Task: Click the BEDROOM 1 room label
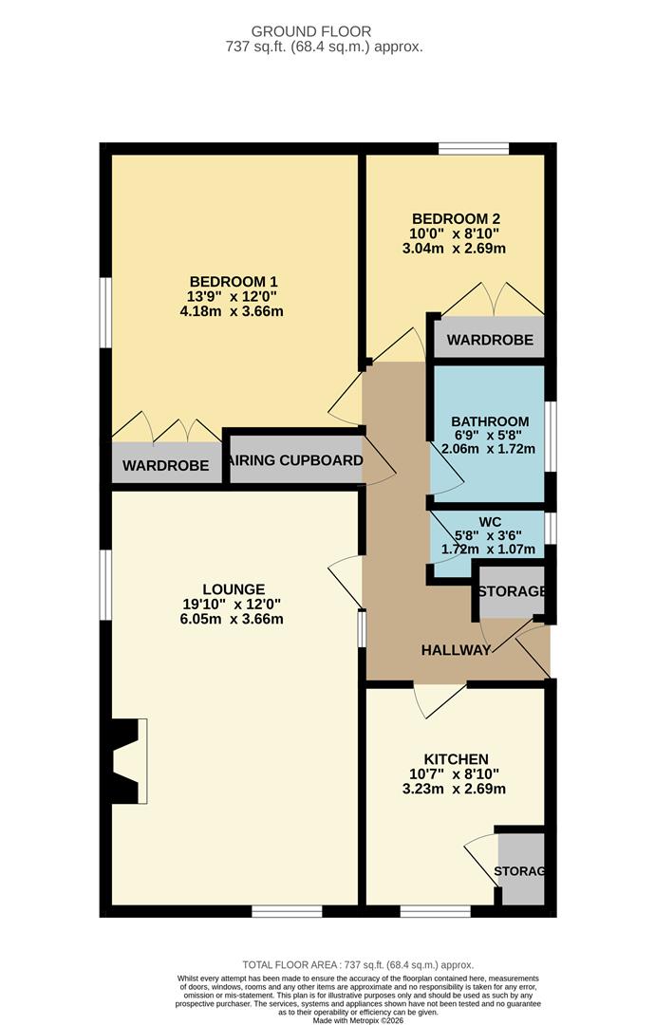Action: pyautogui.click(x=234, y=281)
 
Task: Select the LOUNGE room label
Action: pyautogui.click(x=234, y=588)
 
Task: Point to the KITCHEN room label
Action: pyautogui.click(x=456, y=759)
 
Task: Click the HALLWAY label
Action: pyautogui.click(x=457, y=650)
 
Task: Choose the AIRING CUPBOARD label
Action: pyautogui.click(x=296, y=461)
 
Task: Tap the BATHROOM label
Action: pyautogui.click(x=490, y=421)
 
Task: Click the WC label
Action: pyautogui.click(x=490, y=522)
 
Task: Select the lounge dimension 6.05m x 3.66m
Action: pyautogui.click(x=234, y=619)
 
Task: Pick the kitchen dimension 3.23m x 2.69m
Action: pyautogui.click(x=456, y=789)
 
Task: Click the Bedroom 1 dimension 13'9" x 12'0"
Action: pyautogui.click(x=234, y=296)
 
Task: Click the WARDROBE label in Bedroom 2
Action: pyautogui.click(x=490, y=340)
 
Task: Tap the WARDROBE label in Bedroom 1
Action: pyautogui.click(x=165, y=466)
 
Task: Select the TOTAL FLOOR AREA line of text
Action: pyautogui.click(x=358, y=964)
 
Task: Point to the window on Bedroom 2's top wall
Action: pyautogui.click(x=473, y=148)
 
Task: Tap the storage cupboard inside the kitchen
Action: pyautogui.click(x=521, y=870)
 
